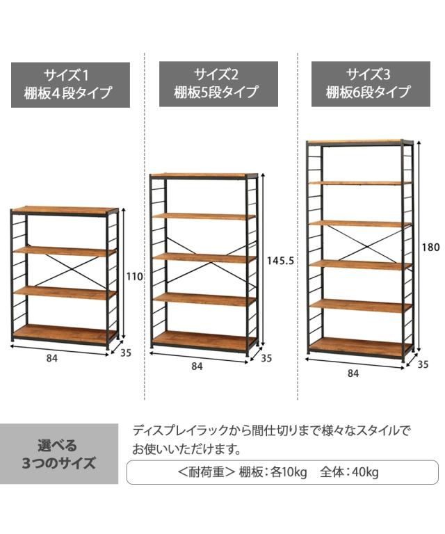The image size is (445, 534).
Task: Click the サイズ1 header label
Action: (70, 84)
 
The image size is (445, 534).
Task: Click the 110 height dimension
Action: (135, 276)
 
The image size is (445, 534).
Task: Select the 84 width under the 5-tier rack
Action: (197, 366)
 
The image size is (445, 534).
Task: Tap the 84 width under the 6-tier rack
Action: (353, 373)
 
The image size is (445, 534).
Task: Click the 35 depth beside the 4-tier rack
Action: (125, 353)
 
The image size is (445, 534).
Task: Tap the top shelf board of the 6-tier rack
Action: (357, 142)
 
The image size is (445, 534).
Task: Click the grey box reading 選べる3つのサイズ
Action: (58, 454)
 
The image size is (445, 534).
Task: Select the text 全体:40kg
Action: (349, 473)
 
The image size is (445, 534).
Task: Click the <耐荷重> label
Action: (206, 473)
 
